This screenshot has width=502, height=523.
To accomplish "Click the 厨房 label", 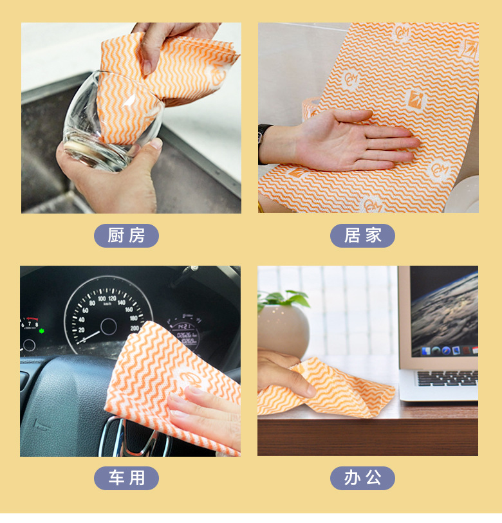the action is [126, 235].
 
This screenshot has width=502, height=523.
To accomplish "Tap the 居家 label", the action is [362, 235].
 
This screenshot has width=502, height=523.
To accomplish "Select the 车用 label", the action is [126, 478].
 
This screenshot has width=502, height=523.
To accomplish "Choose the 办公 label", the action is [362, 478].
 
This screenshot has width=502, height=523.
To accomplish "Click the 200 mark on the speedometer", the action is [135, 328].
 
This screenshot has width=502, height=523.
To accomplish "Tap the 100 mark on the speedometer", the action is [102, 298].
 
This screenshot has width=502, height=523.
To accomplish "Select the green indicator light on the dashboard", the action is [42, 331].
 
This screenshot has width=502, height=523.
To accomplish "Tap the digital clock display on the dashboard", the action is [184, 327].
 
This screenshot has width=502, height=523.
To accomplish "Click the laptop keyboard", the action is [447, 378].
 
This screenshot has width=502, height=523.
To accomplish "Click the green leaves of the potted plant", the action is [284, 298].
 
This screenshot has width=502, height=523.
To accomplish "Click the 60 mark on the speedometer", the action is [86, 310].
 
